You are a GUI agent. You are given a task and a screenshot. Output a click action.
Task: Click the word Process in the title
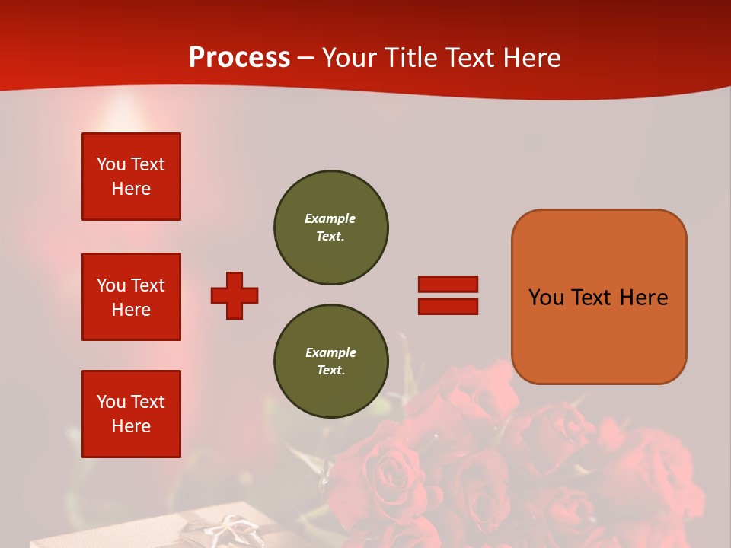tap(239, 58)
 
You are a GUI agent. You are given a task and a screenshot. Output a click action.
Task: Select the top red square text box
tap(131, 177)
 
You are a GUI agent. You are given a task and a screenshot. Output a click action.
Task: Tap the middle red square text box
tap(131, 297)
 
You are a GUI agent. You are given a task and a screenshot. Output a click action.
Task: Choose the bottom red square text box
tap(131, 414)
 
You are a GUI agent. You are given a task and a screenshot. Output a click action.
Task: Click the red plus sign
tap(235, 295)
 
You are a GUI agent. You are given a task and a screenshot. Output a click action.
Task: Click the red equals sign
tap(448, 295)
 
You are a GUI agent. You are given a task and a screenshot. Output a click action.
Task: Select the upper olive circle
tap(330, 228)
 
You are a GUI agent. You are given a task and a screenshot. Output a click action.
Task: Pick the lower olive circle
tap(330, 362)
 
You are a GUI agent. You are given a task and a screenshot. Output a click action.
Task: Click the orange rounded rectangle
tap(599, 297)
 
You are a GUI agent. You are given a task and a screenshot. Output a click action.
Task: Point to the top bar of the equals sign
tap(448, 284)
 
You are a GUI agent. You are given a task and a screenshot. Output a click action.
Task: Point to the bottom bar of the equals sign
tap(448, 307)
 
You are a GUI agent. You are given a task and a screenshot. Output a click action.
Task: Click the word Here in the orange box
tap(643, 298)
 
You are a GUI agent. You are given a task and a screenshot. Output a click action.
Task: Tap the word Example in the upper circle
tap(330, 218)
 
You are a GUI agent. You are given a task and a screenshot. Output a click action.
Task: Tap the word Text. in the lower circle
tap(330, 371)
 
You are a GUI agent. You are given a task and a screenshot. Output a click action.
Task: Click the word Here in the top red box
tap(131, 189)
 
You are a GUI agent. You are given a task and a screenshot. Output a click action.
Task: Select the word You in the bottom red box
tap(111, 402)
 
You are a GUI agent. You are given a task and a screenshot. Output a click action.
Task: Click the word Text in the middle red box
tap(147, 285)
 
